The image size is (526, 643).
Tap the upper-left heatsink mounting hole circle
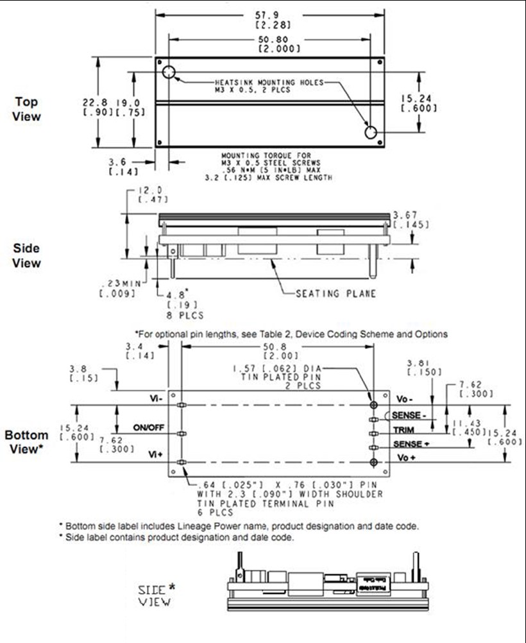coord(169,72)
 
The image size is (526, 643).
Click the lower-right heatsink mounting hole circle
coord(371,132)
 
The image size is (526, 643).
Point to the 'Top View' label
coord(26,109)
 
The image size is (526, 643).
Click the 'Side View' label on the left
coord(26,255)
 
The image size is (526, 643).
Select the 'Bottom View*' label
coord(26,442)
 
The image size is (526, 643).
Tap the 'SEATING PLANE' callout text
coord(335,293)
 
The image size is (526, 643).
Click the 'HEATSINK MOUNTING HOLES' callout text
coord(269,83)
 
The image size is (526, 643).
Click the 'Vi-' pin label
coord(155,399)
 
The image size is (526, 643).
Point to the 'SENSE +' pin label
coord(408,444)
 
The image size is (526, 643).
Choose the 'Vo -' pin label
coord(402,399)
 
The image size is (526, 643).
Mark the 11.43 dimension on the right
coord(463,424)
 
